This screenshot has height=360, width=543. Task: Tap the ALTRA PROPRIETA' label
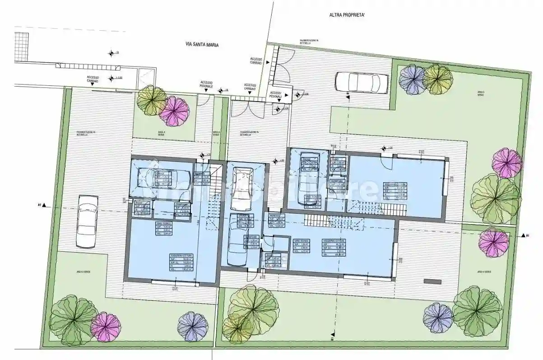coord(347,15)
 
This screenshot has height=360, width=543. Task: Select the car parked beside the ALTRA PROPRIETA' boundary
coord(361,83)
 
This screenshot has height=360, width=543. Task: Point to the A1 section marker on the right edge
coord(525,235)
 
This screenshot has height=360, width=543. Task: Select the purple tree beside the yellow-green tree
coord(413,79)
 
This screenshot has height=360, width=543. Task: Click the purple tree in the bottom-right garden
coord(437,318)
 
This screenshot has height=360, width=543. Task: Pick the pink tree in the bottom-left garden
coord(106,327)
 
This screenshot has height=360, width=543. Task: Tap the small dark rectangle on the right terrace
coord(432,282)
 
